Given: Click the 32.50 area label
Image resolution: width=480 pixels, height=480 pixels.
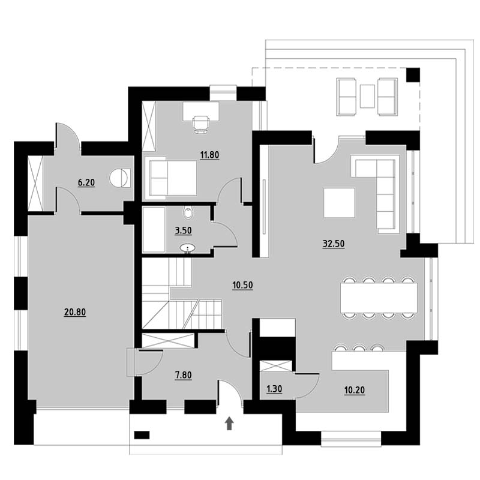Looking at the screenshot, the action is [x=334, y=244].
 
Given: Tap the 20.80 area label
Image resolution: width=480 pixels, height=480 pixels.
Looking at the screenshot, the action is [x=75, y=312].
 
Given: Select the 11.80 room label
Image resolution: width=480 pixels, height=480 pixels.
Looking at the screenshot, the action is [x=209, y=155].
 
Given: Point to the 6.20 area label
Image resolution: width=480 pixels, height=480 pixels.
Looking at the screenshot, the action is [x=86, y=183].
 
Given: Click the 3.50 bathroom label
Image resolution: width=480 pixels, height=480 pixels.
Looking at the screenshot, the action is [x=183, y=230].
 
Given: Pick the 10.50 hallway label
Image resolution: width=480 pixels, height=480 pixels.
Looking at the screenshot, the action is [x=242, y=286].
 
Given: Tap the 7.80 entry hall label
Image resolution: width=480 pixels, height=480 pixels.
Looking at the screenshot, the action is [x=183, y=375].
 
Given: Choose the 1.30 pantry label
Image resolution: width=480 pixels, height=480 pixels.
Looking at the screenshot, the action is [x=274, y=389].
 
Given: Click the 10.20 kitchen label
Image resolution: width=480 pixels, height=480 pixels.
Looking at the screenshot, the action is [x=355, y=391].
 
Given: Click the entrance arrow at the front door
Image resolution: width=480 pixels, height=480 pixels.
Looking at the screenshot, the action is [x=230, y=424].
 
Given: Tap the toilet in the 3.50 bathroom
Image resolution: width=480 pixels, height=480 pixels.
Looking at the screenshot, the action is [x=188, y=213].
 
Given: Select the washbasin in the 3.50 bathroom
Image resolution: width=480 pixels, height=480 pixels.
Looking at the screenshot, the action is [x=187, y=248].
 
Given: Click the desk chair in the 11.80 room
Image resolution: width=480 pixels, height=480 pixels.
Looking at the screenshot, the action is [x=201, y=125].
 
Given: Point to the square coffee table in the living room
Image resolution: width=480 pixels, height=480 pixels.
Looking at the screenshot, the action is [x=339, y=203].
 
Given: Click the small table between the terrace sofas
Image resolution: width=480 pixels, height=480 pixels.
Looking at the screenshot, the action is [x=367, y=96].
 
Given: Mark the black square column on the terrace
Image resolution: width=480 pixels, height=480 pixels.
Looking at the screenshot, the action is [x=413, y=75].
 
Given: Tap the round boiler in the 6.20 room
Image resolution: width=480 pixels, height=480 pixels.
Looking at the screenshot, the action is [x=118, y=178].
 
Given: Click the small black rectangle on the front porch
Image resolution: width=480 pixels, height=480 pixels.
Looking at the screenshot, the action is [x=142, y=434].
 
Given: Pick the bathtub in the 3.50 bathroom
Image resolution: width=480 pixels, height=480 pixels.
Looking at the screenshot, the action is [x=154, y=230].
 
